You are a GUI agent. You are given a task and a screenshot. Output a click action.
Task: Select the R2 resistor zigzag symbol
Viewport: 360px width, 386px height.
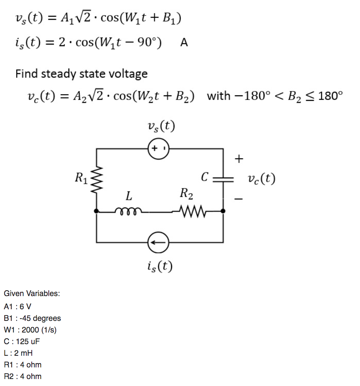[190, 212]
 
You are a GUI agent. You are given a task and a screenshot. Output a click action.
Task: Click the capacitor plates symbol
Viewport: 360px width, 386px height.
[223, 179]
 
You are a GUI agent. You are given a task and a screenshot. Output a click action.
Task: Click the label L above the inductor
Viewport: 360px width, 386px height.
[128, 196]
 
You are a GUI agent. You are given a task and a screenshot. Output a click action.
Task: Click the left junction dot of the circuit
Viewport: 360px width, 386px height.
[96, 212]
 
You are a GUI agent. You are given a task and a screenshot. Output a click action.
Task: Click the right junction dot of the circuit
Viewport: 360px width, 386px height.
[223, 212]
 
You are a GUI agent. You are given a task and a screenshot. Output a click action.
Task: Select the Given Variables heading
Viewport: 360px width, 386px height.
[32, 293]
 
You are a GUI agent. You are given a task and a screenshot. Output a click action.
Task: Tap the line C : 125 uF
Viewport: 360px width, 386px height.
[22, 341]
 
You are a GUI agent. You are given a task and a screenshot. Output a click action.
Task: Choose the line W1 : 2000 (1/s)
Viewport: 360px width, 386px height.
[31, 330]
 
